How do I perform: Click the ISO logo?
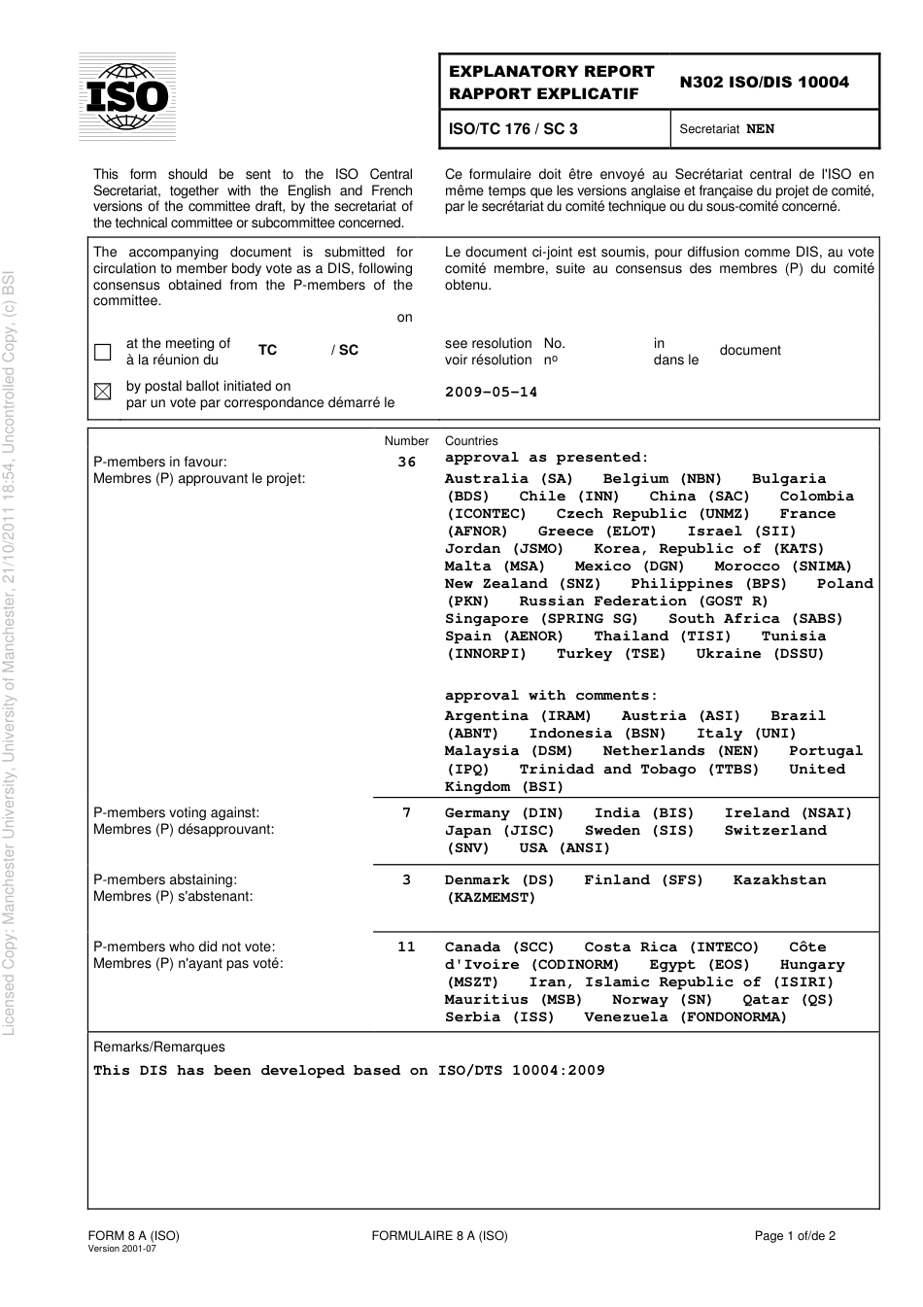tap(127, 96)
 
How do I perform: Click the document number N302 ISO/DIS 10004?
tap(764, 83)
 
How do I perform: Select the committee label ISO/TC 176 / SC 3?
tap(513, 128)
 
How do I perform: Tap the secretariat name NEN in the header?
tap(760, 129)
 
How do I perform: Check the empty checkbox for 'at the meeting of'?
tap(103, 352)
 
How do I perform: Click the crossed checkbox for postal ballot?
tap(103, 392)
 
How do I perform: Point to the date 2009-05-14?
tap(491, 393)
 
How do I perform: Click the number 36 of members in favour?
tap(406, 463)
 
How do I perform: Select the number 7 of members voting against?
tap(406, 813)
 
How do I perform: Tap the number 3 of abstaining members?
tap(406, 880)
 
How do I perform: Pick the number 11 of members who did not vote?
tap(406, 947)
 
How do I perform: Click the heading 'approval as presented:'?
tap(546, 458)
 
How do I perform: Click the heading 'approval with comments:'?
tap(551, 696)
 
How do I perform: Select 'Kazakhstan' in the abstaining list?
tap(779, 880)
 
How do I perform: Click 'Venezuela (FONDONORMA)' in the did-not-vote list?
tap(685, 1017)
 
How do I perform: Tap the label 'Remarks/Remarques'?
tap(158, 1048)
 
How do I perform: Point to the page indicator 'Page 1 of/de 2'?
tap(795, 1236)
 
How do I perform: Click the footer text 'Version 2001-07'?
tap(121, 1249)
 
